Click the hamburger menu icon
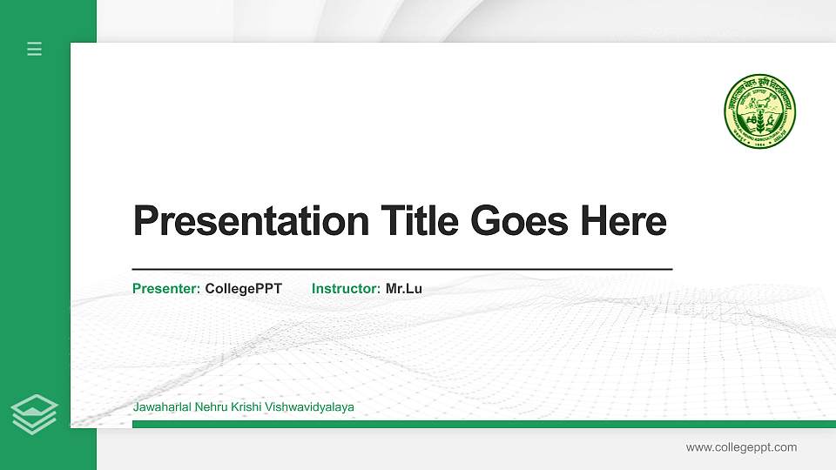coord(34,49)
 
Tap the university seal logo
coord(759,110)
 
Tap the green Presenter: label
coord(166,288)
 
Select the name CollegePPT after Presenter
coord(243,288)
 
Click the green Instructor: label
coord(346,288)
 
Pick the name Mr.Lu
coord(404,288)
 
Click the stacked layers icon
coord(34,413)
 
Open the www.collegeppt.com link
coord(741,447)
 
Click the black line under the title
coord(402,270)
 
